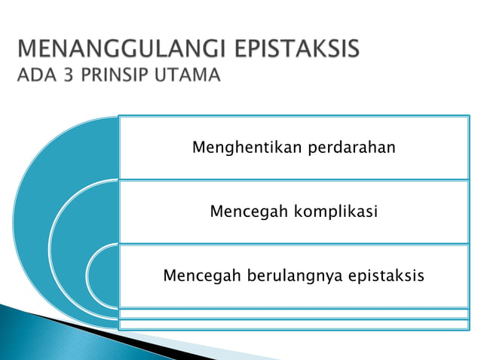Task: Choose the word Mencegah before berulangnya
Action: [x=199, y=276]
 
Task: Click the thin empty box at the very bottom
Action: [x=294, y=325]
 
